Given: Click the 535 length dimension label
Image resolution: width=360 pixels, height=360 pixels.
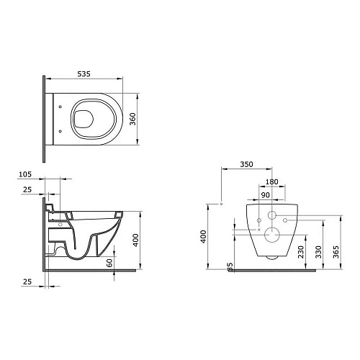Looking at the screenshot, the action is point(84,73).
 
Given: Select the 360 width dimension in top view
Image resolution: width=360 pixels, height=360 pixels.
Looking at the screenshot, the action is point(132,119).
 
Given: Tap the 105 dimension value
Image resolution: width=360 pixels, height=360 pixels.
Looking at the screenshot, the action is point(25,174).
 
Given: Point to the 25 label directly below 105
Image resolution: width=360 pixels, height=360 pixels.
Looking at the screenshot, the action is point(27,189).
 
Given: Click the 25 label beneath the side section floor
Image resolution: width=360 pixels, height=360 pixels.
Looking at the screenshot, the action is point(27,282).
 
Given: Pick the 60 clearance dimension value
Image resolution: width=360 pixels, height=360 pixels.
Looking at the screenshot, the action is point(109,263).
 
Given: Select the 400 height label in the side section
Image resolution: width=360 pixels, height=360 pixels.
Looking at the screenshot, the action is point(135,240).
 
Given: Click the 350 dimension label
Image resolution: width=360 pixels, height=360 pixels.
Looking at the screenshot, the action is point(246,164).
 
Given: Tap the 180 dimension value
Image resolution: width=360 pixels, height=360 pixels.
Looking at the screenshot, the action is point(271,181).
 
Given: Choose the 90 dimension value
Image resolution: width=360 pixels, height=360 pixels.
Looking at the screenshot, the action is point(266,195).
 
